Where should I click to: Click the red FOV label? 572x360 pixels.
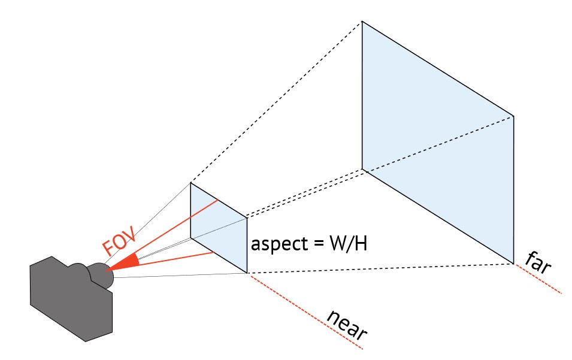tap(120, 240)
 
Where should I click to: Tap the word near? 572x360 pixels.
tap(347, 323)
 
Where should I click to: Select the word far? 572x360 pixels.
tap(538, 262)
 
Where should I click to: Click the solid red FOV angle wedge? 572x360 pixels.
tap(123, 264)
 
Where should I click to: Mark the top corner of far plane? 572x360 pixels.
tap(362, 22)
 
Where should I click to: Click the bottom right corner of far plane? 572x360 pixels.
tap(513, 262)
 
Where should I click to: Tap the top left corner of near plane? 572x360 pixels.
tap(191, 183)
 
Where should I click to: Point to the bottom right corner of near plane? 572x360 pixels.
tap(247, 273)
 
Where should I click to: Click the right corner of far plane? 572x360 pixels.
tap(513, 116)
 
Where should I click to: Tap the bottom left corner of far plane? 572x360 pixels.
tap(362, 169)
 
